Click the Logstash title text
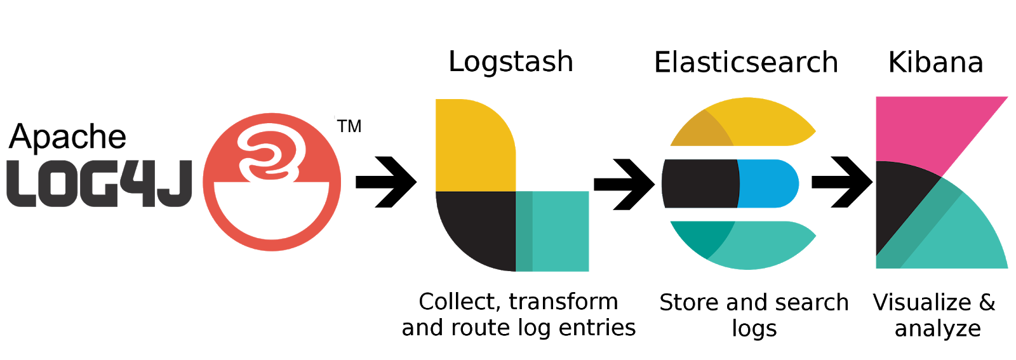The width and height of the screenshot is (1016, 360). [511, 62]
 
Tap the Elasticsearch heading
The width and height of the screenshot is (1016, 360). [746, 62]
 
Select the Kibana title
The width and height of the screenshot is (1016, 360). [935, 62]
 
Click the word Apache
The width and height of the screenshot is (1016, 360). [68, 137]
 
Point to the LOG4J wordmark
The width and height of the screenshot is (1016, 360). [99, 183]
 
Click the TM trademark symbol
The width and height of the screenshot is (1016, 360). [349, 126]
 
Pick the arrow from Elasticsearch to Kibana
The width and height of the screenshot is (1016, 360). [842, 182]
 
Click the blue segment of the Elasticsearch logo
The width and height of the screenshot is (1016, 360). [767, 183]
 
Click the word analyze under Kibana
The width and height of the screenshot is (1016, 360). [937, 329]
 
